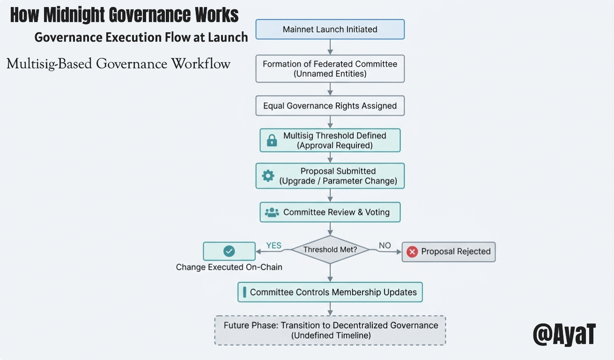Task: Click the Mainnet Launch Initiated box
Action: pyautogui.click(x=330, y=29)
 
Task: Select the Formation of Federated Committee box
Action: pyautogui.click(x=330, y=69)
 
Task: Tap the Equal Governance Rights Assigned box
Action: pyautogui.click(x=330, y=106)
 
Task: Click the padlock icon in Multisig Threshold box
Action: pyautogui.click(x=272, y=140)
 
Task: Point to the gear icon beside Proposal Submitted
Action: pyautogui.click(x=268, y=176)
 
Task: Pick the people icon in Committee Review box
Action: pyautogui.click(x=272, y=212)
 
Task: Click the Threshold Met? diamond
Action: pyautogui.click(x=330, y=250)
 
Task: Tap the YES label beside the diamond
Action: pyautogui.click(x=274, y=245)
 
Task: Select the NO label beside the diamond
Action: pyautogui.click(x=385, y=245)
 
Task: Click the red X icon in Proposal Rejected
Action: pyautogui.click(x=412, y=252)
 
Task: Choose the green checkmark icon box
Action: pyautogui.click(x=229, y=251)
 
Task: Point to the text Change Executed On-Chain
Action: pyautogui.click(x=229, y=267)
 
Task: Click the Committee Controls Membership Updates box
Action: pyautogui.click(x=330, y=292)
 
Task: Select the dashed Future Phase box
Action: pyautogui.click(x=330, y=330)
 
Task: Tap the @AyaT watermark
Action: pyautogui.click(x=564, y=334)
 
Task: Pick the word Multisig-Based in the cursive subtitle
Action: pyautogui.click(x=49, y=64)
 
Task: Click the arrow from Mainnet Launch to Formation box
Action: pyautogui.click(x=330, y=47)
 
